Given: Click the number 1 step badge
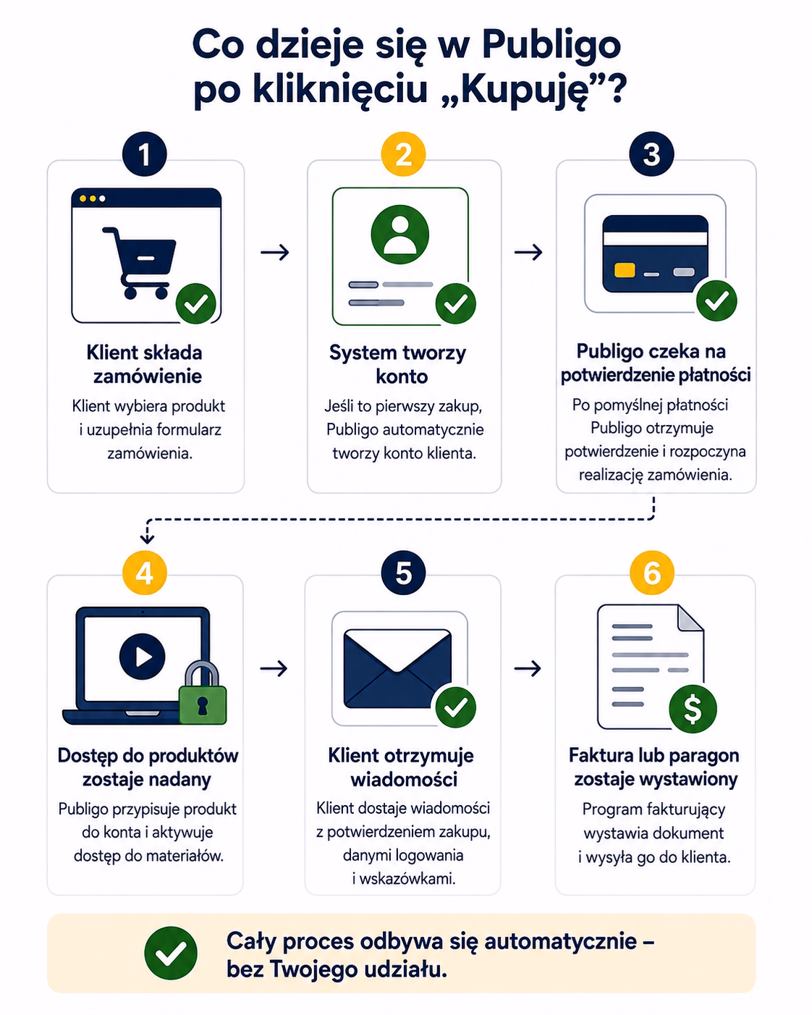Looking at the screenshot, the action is [144, 154].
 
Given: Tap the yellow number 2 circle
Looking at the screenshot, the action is [403, 154].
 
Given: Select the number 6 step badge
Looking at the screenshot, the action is [651, 573].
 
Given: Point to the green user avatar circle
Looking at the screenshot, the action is [400, 235].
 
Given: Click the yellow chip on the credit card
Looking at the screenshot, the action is [625, 270].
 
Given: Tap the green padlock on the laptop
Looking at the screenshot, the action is [203, 692].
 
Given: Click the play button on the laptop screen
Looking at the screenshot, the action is [143, 656].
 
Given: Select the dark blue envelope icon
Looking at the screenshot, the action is [397, 669].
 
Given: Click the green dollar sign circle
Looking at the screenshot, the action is [693, 709].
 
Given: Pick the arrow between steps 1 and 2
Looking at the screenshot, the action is [275, 253].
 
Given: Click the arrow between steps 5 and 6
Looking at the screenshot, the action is [528, 668].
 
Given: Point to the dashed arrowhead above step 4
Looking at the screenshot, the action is [147, 538].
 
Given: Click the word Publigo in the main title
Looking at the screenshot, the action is [551, 45].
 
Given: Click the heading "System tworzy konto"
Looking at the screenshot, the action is [399, 364].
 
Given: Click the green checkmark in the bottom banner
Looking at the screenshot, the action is [171, 953].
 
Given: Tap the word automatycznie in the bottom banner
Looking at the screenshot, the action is [560, 941].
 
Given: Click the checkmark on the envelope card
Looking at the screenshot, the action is [456, 707].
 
